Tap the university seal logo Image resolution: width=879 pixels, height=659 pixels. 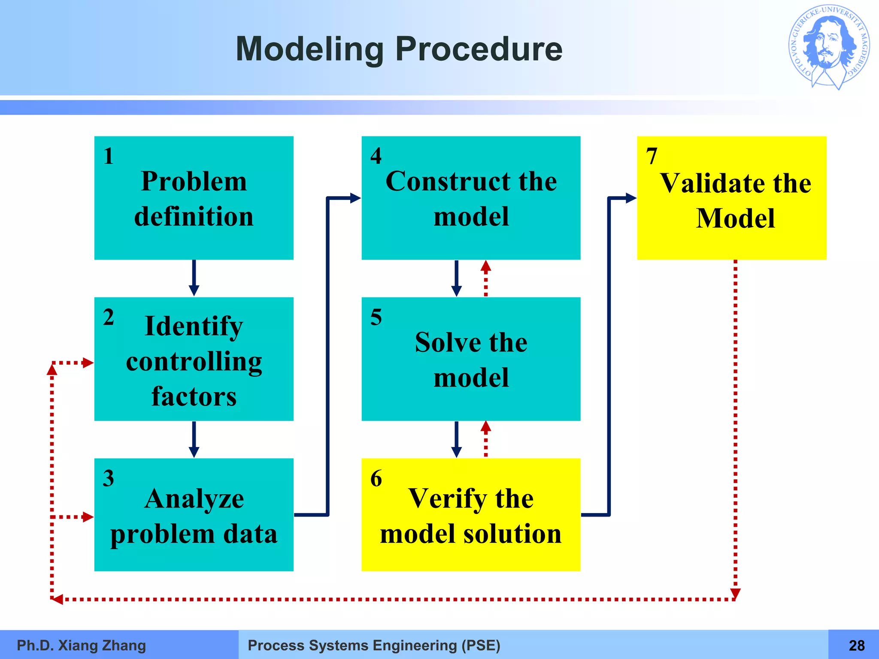pos(829,47)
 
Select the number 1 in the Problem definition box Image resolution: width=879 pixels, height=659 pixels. pos(109,156)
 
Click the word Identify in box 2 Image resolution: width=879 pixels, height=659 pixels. pos(194,326)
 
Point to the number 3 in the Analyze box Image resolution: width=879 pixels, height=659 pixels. pos(109,478)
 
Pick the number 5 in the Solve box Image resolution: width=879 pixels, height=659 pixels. pos(376,317)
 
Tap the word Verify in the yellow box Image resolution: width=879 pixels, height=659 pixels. pos(447,499)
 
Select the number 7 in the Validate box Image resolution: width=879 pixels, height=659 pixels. pos(652,156)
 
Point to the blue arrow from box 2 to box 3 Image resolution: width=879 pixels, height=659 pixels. pos(194,439)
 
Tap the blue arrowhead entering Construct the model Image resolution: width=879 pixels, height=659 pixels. pos(355,198)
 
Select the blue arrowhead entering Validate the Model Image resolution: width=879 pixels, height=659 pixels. pos(630,198)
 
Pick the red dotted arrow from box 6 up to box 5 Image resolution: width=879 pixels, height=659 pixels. pos(485,438)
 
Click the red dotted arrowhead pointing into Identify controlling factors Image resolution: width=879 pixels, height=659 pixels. pos(88,363)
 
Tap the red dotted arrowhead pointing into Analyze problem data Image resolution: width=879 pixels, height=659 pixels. pos(88,517)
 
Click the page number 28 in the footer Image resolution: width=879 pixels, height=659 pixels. pos(856,645)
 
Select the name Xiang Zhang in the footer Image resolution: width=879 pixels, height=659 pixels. pos(102,645)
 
